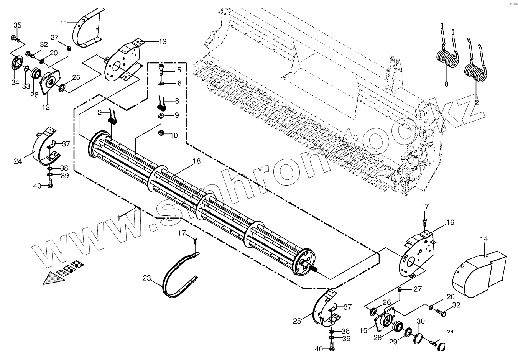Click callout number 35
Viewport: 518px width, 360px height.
click(18, 25)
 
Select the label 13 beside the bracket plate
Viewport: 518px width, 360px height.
click(163, 41)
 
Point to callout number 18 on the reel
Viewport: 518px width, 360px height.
click(196, 161)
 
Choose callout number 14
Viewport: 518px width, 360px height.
click(484, 239)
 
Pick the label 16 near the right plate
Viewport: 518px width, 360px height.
click(450, 222)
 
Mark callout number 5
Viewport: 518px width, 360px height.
click(178, 70)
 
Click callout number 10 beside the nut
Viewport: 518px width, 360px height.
click(174, 135)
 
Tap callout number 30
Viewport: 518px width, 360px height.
click(421, 321)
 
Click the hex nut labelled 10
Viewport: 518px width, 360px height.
click(161, 133)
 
